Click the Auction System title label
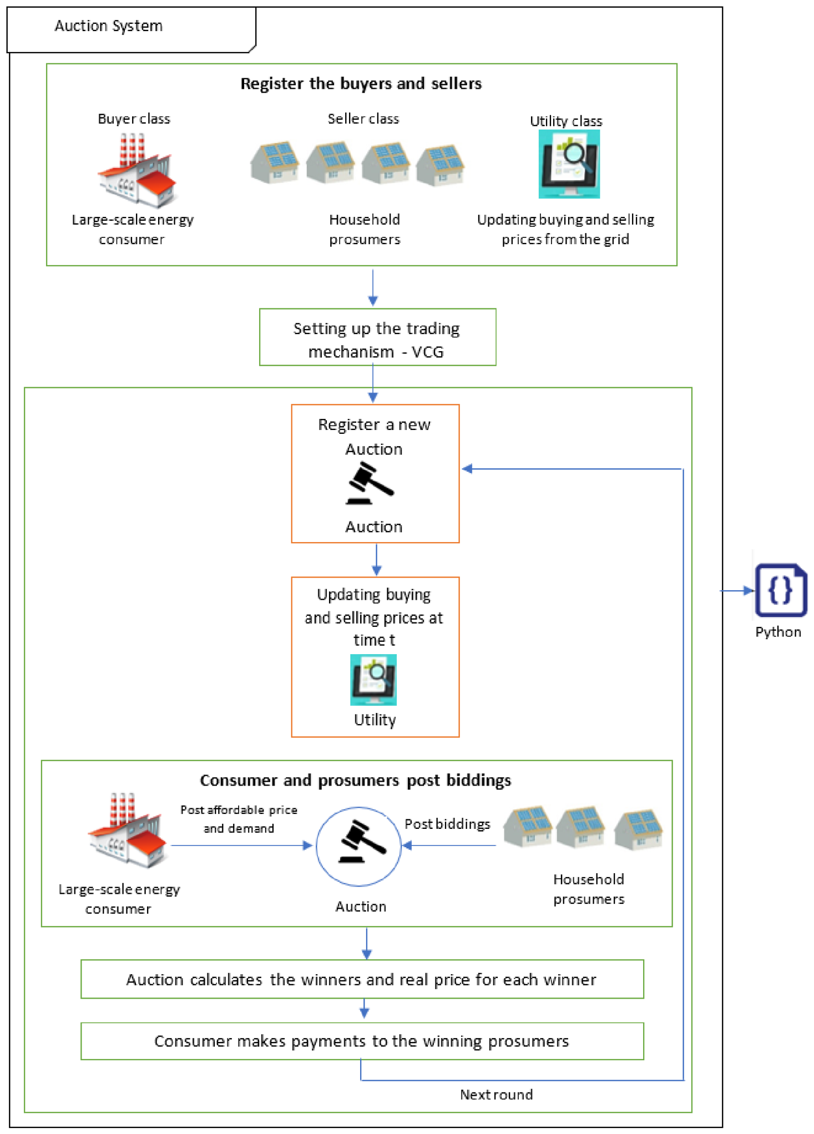[109, 26]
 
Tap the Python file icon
[781, 590]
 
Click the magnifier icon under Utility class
[569, 164]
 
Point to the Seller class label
[363, 119]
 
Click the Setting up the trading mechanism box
[377, 337]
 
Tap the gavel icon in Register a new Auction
[370, 483]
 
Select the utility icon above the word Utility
[373, 680]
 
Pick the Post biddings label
[447, 824]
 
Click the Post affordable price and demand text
[239, 819]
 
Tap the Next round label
[496, 1095]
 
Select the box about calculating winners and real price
[362, 979]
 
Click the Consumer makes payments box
[362, 1041]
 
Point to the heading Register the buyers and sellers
[361, 83]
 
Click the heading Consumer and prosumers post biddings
[356, 780]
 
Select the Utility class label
[566, 121]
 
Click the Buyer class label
[134, 119]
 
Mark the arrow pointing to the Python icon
[738, 591]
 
